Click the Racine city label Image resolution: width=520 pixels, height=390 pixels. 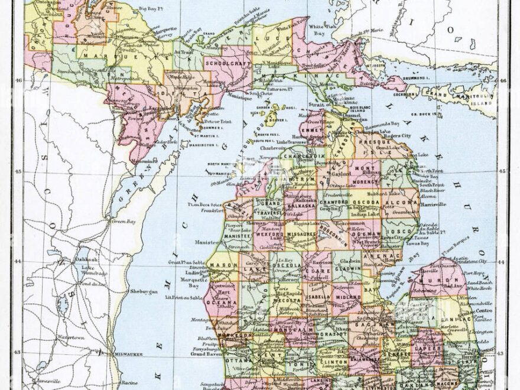point(129,383)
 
